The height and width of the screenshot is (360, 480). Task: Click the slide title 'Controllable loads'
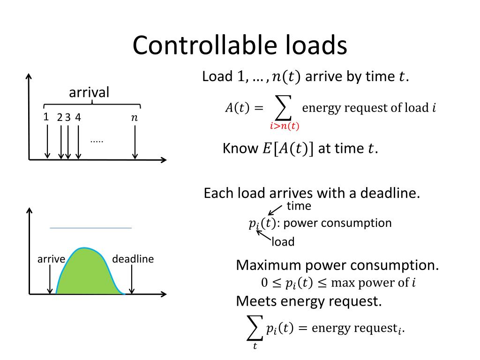pyautogui.click(x=240, y=46)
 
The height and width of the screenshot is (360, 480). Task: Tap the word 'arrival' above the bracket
pyautogui.click(x=89, y=92)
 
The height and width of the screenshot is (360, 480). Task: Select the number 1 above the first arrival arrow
pyautogui.click(x=46, y=117)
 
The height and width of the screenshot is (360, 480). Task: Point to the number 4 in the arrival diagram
pyautogui.click(x=78, y=118)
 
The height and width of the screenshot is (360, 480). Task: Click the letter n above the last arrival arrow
pyautogui.click(x=135, y=118)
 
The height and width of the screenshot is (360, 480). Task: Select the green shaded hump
pyautogui.click(x=87, y=272)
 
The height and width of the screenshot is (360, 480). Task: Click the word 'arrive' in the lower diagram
pyautogui.click(x=51, y=259)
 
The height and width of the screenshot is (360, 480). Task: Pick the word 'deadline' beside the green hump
pyautogui.click(x=133, y=259)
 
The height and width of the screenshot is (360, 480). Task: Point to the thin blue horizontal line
pyautogui.click(x=90, y=228)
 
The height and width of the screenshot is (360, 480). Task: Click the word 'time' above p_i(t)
pyautogui.click(x=299, y=206)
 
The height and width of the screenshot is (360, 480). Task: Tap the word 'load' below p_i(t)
pyautogui.click(x=283, y=242)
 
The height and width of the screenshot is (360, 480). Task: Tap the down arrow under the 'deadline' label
pyautogui.click(x=133, y=281)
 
